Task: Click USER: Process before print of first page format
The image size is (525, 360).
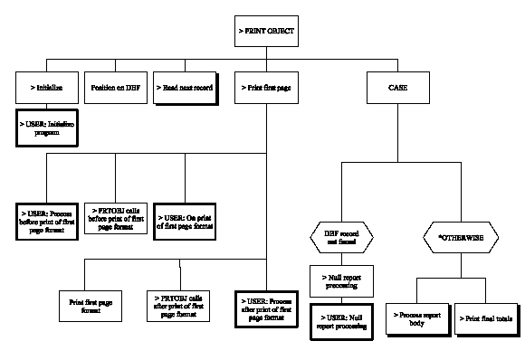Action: (x=48, y=218)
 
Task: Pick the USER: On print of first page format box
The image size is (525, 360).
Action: (x=186, y=218)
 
